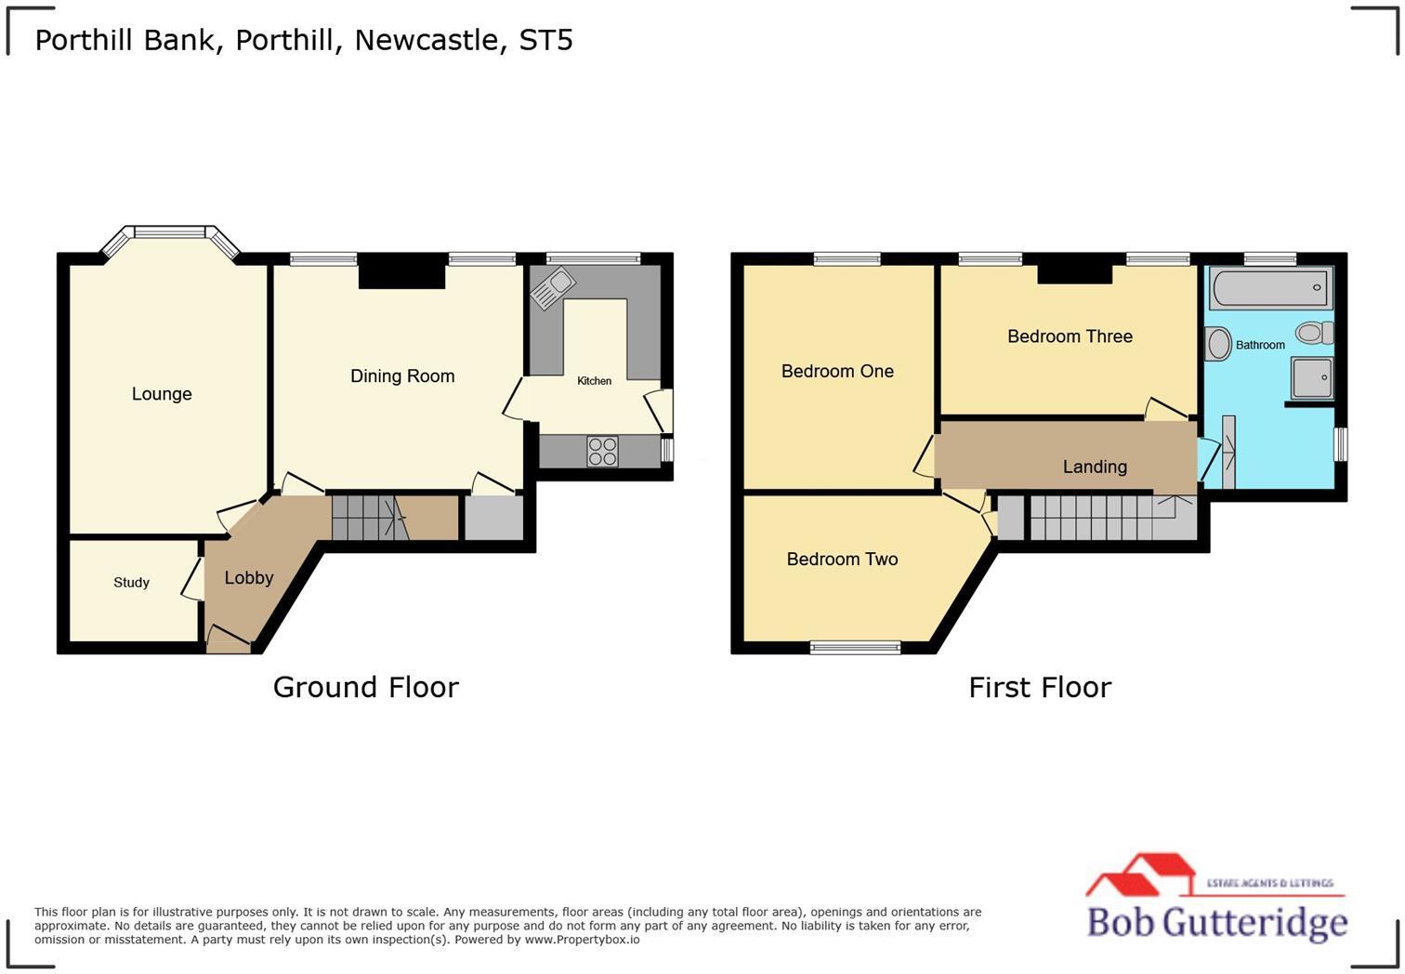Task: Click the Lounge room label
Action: (162, 394)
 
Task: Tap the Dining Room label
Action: (402, 376)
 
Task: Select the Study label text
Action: (131, 583)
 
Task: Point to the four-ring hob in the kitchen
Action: (602, 452)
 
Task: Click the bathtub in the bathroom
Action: (1270, 288)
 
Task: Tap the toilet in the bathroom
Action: (1314, 333)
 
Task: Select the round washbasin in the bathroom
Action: (1218, 344)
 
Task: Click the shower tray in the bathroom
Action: (1312, 377)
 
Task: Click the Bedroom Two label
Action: (842, 559)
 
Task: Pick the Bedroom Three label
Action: (1070, 336)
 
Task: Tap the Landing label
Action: (1095, 467)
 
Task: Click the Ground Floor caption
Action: (365, 688)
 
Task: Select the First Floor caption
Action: (1040, 688)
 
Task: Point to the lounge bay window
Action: (170, 232)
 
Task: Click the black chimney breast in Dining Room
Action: (401, 271)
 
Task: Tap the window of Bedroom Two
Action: (855, 648)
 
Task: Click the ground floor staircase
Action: (370, 519)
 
